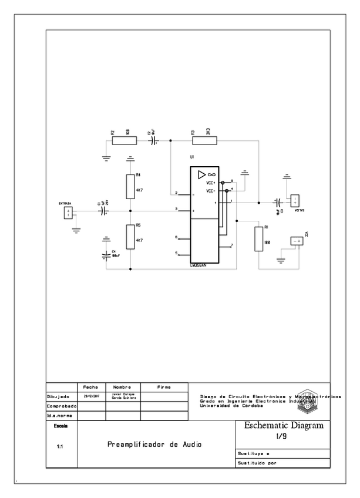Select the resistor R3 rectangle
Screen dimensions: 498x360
(x=205, y=140)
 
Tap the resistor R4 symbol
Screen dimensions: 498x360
(x=130, y=187)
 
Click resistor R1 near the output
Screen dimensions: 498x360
(x=258, y=238)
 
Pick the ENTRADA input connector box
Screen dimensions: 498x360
(x=68, y=213)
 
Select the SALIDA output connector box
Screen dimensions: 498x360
(x=295, y=201)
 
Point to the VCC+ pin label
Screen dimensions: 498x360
(x=211, y=183)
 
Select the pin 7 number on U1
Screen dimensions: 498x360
(x=232, y=245)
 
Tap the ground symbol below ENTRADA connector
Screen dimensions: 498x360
(x=76, y=230)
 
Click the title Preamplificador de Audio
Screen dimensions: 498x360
(x=154, y=445)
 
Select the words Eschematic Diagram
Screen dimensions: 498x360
(x=284, y=426)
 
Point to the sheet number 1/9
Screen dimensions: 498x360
(x=280, y=437)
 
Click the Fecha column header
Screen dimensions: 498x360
(x=90, y=387)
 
